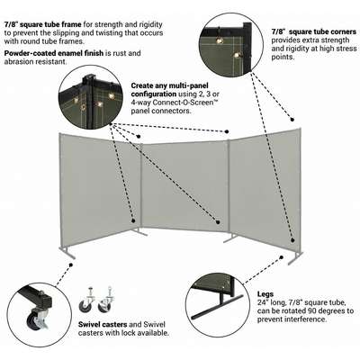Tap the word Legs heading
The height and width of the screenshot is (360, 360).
click(265, 294)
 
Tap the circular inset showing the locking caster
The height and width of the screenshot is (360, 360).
click(40, 315)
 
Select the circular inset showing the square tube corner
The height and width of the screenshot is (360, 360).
click(231, 44)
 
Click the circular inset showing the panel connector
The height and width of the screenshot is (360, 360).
click(90, 98)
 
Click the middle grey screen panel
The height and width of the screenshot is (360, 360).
click(185, 186)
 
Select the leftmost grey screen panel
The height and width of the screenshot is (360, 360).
click(100, 189)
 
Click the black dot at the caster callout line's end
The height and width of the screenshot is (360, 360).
click(71, 265)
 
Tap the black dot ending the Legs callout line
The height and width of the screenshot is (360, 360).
click(282, 257)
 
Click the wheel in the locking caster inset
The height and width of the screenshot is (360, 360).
click(31, 319)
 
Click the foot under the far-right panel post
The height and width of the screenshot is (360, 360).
click(295, 258)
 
